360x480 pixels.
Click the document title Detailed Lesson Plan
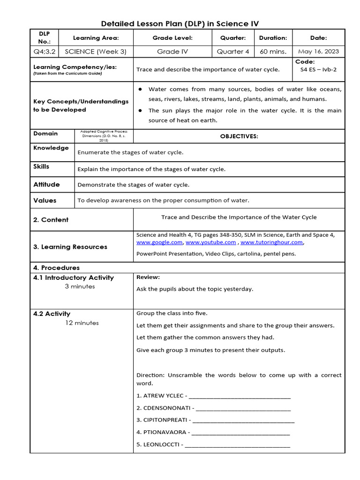point(180,23)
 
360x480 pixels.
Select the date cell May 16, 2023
point(318,52)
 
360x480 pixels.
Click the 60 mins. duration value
point(273,52)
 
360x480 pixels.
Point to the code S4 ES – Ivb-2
point(318,69)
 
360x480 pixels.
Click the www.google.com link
point(159,242)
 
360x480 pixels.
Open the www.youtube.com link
point(210,242)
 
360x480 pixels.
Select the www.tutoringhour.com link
point(271,242)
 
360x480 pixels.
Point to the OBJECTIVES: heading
point(239,136)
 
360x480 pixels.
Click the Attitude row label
point(46,185)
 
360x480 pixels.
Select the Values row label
point(45,201)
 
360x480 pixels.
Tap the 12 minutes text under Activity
point(82,323)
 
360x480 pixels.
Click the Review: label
point(148,277)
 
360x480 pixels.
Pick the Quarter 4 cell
point(233,52)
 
